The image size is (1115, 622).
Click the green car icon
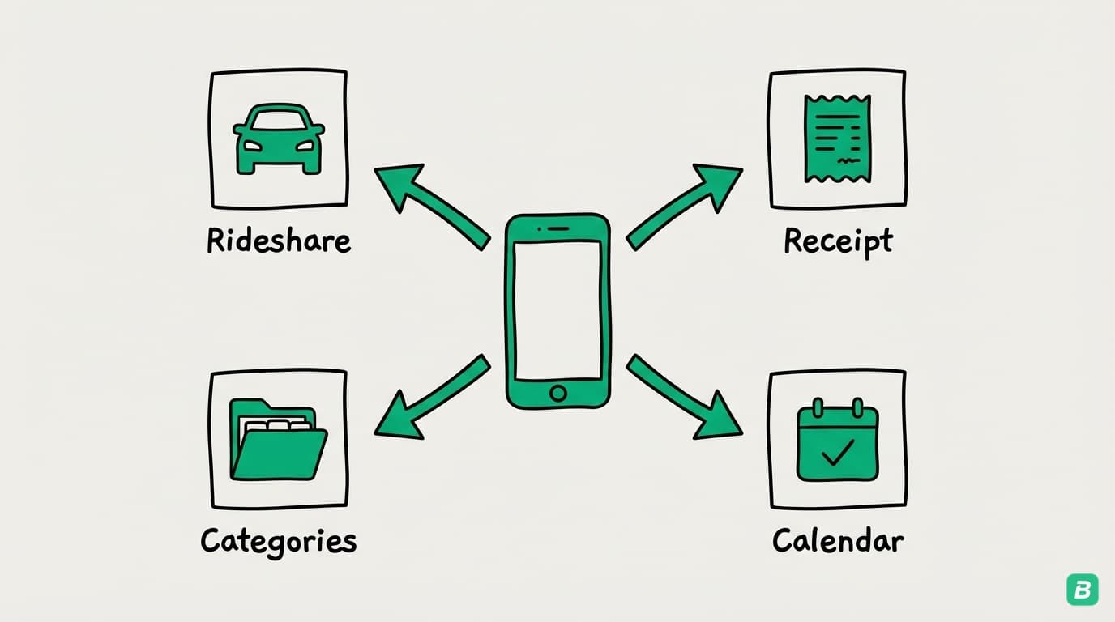click(278, 138)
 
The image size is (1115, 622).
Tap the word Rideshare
click(279, 241)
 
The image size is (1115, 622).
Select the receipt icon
click(837, 138)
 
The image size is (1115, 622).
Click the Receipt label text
click(838, 241)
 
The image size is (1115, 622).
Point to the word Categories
click(279, 540)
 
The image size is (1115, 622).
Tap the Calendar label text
click(838, 540)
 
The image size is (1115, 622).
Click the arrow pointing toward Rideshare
click(429, 203)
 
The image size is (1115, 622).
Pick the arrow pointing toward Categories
click(429, 398)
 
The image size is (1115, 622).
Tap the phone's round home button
click(557, 394)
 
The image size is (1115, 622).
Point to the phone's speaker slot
click(557, 228)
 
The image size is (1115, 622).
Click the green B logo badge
click(1082, 590)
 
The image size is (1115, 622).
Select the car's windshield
click(278, 121)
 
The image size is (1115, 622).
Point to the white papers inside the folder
click(278, 424)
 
